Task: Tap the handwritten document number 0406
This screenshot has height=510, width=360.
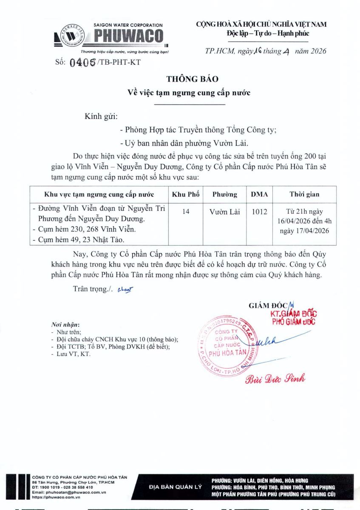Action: [82, 62]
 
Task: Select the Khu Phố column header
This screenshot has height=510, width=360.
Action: [182, 194]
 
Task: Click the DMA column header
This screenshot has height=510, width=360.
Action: [259, 194]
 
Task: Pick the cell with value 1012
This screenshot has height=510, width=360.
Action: [259, 211]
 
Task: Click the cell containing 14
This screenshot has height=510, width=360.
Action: [186, 211]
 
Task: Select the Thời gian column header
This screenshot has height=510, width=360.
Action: [304, 194]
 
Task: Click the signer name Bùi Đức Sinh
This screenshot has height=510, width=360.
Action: [275, 379]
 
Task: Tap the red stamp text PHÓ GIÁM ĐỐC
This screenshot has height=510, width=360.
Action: [294, 321]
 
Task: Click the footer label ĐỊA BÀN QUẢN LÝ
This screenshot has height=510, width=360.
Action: [176, 487]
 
